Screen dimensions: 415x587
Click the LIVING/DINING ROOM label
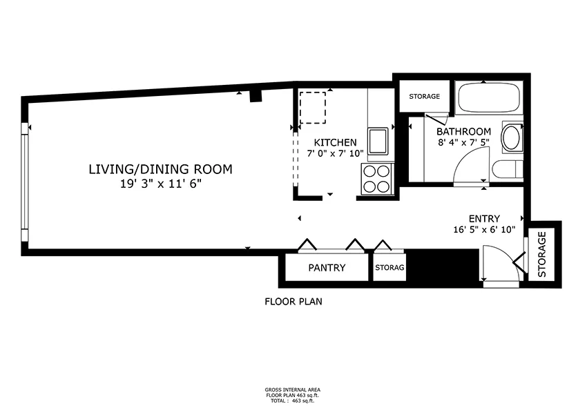(x=160, y=169)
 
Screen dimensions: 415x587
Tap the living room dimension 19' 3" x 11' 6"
(x=160, y=184)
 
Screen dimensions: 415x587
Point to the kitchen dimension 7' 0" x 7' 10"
(x=335, y=154)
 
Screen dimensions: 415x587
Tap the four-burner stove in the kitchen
(x=378, y=178)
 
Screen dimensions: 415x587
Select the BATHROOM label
(x=463, y=131)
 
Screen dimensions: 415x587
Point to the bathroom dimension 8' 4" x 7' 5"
(x=463, y=143)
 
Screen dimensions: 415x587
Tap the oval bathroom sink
(x=511, y=137)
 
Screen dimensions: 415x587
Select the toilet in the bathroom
(x=508, y=171)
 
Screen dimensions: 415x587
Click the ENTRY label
(x=484, y=219)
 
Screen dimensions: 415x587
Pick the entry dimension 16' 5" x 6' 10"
(x=484, y=231)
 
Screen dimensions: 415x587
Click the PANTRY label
(x=327, y=268)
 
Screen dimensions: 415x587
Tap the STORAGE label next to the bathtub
(x=424, y=96)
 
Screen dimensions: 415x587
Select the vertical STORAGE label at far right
(x=542, y=253)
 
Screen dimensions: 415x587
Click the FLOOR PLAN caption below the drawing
(x=293, y=302)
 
